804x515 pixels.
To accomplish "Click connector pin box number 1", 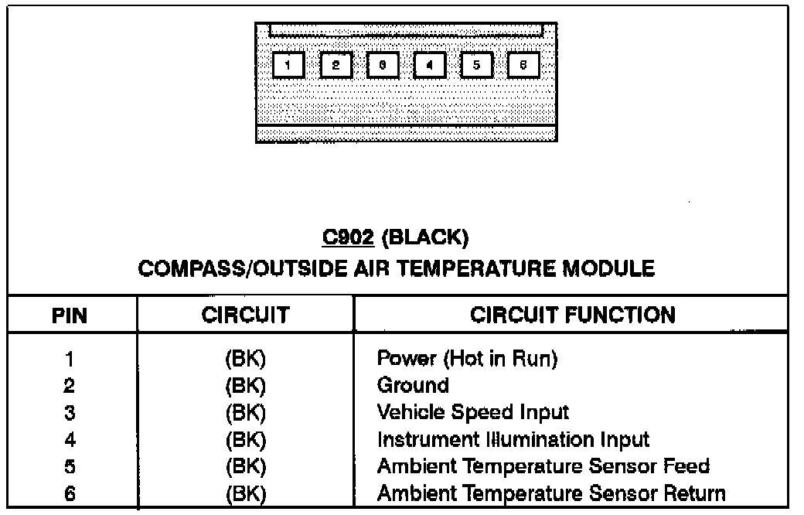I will [288, 65].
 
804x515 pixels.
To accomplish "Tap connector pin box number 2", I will [336, 65].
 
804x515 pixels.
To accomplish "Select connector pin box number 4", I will [430, 65].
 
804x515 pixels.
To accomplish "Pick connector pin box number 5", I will [476, 65].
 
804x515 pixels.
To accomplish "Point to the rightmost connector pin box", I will [523, 65].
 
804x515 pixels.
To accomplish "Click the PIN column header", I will [70, 315].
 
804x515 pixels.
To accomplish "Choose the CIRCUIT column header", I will [245, 315].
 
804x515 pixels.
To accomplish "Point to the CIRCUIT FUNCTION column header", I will [572, 315].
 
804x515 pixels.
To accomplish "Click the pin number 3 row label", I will [70, 413].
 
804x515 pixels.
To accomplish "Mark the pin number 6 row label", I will [70, 493].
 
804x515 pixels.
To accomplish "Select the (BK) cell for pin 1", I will [245, 359].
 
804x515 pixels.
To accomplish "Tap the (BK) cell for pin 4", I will [245, 440].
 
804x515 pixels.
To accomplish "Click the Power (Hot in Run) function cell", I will [467, 359].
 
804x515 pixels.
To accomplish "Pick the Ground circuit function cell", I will [413, 385].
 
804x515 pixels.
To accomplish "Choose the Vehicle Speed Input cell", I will [472, 412].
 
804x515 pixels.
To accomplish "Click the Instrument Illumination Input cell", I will [513, 440].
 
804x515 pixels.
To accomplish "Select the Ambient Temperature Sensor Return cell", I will [550, 493].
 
